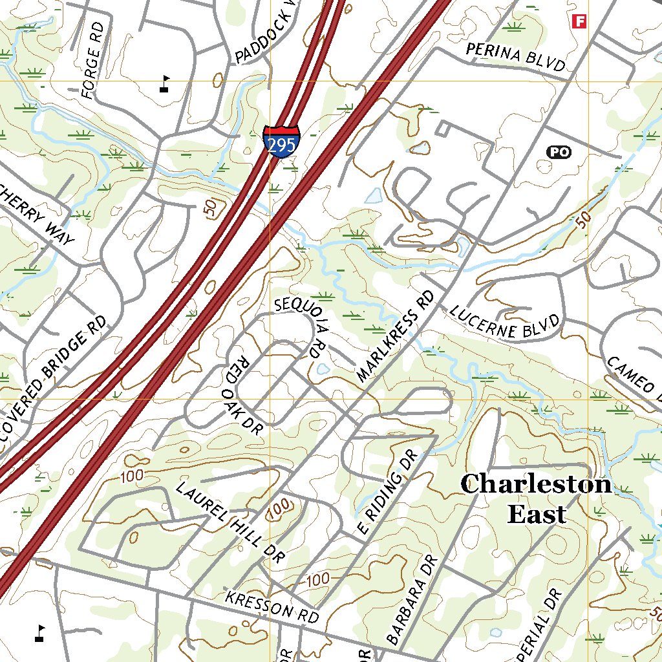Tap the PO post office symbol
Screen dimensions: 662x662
(x=560, y=152)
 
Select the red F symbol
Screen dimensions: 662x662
(x=579, y=21)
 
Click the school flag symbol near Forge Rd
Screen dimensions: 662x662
(x=165, y=84)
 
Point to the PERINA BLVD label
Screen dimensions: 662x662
(x=515, y=57)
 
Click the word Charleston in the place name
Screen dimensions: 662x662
(x=535, y=484)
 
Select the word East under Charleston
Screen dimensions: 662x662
(x=537, y=515)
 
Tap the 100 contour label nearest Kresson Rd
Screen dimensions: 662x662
(x=318, y=579)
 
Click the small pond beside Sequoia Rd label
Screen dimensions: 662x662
(x=323, y=370)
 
